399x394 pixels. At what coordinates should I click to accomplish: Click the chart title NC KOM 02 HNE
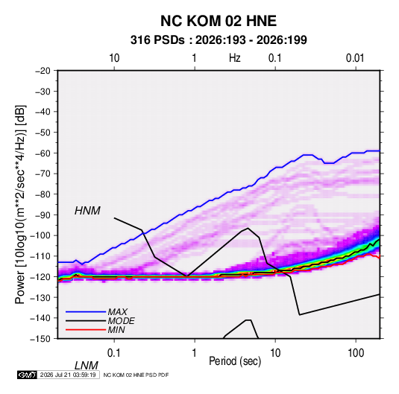coord(219,21)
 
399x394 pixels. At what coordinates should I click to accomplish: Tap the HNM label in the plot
coord(87,211)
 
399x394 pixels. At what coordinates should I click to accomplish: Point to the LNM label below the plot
coord(87,366)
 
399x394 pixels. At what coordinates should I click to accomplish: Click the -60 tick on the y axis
coord(43,153)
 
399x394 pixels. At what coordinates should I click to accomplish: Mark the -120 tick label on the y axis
coord(40,276)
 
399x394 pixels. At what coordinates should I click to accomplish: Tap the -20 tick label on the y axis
coord(43,71)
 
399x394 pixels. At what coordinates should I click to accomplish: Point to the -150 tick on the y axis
coord(40,339)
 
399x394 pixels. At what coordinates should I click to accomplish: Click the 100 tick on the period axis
coord(356,353)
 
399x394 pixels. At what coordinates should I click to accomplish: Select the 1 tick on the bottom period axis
coord(195,353)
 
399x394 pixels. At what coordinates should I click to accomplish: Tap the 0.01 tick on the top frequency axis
coord(355,58)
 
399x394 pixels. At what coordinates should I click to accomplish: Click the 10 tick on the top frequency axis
coord(114,58)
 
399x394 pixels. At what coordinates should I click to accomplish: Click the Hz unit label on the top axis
coord(235,58)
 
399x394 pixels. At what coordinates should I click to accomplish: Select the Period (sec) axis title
coord(235,361)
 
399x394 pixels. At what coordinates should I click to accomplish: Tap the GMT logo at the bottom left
coord(28,375)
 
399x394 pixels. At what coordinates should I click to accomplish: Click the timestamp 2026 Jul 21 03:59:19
coord(68,375)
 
